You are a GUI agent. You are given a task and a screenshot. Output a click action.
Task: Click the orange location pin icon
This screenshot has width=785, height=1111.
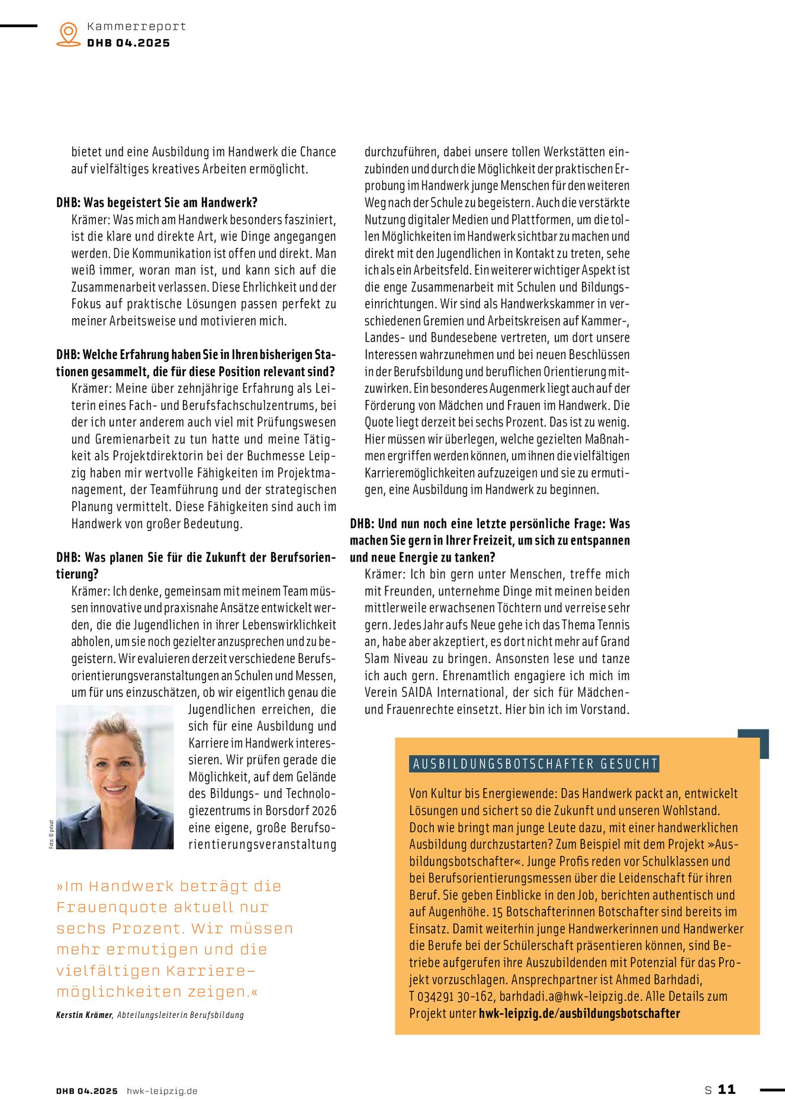(x=69, y=34)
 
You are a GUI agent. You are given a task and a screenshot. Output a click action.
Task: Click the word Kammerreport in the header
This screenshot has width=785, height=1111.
(x=136, y=26)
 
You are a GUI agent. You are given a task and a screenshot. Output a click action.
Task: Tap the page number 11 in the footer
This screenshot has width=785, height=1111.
(x=726, y=1089)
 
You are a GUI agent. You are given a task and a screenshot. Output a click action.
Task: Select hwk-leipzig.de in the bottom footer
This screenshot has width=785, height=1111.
(x=162, y=1091)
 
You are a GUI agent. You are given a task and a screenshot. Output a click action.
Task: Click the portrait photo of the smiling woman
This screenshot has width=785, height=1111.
(x=115, y=777)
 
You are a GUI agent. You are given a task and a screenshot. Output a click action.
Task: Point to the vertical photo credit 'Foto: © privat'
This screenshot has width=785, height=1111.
(x=51, y=834)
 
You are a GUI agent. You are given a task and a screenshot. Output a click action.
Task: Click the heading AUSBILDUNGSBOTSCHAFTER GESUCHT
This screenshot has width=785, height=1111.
(x=535, y=764)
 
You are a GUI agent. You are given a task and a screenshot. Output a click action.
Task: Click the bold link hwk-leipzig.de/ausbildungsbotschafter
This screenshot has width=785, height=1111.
(x=579, y=1013)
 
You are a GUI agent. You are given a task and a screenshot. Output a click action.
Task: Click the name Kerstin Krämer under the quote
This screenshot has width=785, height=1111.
(x=84, y=1015)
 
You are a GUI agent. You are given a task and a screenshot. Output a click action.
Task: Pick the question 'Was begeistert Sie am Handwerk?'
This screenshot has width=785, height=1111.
(x=170, y=203)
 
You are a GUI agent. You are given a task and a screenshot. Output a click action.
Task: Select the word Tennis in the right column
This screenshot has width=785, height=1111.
(x=613, y=625)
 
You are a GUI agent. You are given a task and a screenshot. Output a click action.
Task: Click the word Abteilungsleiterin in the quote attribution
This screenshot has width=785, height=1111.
(x=155, y=1015)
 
